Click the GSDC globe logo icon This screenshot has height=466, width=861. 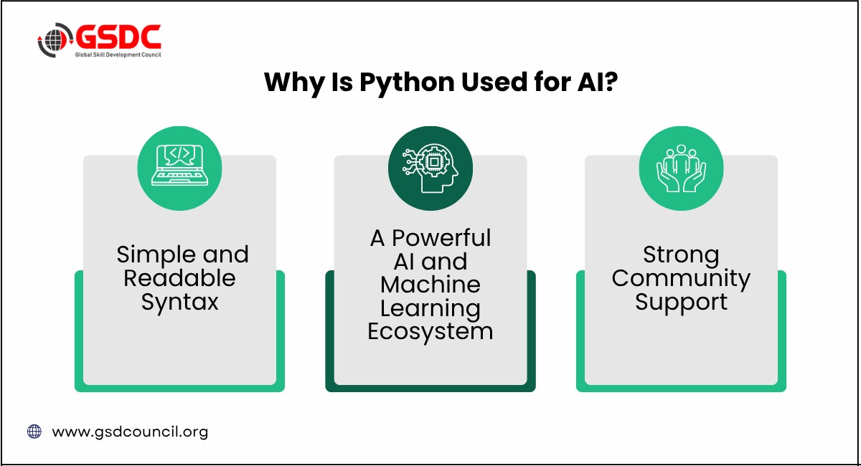pyautogui.click(x=55, y=40)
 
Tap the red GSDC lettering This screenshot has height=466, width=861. pyautogui.click(x=118, y=37)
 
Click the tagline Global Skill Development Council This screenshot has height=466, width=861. pyautogui.click(x=118, y=54)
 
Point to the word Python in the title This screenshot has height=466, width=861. pyautogui.click(x=408, y=83)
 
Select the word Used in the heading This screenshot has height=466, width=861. pyautogui.click(x=494, y=82)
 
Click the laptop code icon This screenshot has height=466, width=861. pyautogui.click(x=179, y=166)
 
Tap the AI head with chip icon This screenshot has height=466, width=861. pyautogui.click(x=430, y=168)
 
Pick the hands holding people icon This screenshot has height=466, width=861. pyautogui.click(x=681, y=168)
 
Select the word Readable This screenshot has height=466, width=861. pyautogui.click(x=179, y=278)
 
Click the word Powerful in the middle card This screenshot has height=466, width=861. pyautogui.click(x=441, y=238)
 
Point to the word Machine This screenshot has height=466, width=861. pyautogui.click(x=430, y=285)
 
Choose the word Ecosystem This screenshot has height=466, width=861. pyautogui.click(x=430, y=333)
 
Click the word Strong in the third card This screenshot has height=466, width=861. pyautogui.click(x=681, y=256)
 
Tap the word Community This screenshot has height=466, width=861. pyautogui.click(x=681, y=279)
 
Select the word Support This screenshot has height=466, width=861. pyautogui.click(x=681, y=303)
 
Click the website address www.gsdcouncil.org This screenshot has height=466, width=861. pyautogui.click(x=130, y=432)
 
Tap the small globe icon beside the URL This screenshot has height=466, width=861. pyautogui.click(x=34, y=432)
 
